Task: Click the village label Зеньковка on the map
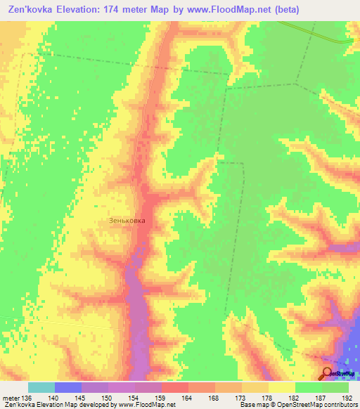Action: (127, 220)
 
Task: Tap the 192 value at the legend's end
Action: (347, 397)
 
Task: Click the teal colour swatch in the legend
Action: (41, 387)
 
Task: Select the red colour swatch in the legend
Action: (175, 387)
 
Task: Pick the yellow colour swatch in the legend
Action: (282, 387)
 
